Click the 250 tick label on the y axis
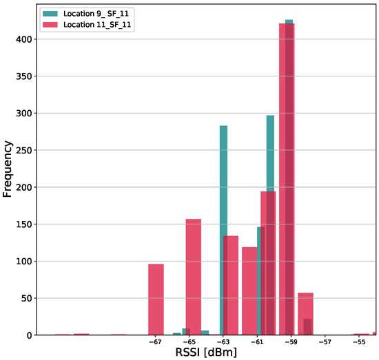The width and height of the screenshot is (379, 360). (x=23, y=150)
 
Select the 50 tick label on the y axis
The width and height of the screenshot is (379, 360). (x=26, y=298)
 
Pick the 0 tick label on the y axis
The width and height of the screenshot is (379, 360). (x=28, y=335)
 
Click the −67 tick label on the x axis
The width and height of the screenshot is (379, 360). (x=155, y=341)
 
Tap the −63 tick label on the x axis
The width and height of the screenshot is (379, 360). (x=223, y=341)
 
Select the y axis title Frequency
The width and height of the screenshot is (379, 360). (x=8, y=168)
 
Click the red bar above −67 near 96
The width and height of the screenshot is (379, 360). (x=156, y=300)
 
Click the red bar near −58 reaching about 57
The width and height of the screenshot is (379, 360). (x=305, y=314)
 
